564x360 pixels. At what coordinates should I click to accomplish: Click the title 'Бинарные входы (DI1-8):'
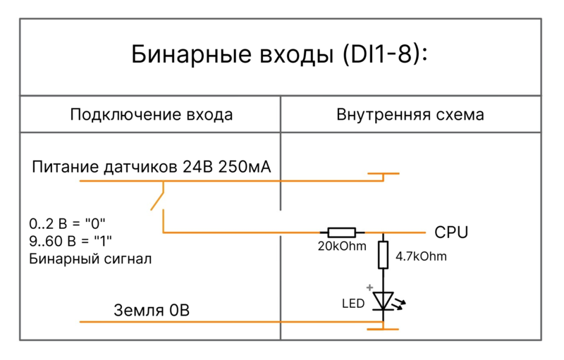pos(280,56)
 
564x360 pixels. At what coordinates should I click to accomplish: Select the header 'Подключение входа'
pos(151,115)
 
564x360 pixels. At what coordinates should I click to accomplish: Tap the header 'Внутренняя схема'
pos(410,115)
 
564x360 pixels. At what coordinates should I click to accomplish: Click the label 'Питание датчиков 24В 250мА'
pos(152,168)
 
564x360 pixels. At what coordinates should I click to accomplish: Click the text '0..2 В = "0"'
pos(67,223)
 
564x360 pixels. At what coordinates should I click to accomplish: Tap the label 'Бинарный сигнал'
pos(90,259)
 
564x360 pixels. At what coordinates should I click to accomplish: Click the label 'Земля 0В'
pos(152,310)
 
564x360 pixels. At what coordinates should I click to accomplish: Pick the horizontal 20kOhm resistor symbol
pos(341,232)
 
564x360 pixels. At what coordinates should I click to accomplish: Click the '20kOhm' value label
pos(341,246)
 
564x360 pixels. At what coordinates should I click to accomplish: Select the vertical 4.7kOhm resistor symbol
pos(383,254)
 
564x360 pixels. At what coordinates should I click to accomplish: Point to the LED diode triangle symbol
pos(383,301)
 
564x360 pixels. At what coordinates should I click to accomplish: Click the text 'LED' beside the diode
pos(352,304)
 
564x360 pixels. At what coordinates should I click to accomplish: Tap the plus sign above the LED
pos(369,287)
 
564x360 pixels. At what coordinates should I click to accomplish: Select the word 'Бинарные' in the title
pos(186,56)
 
